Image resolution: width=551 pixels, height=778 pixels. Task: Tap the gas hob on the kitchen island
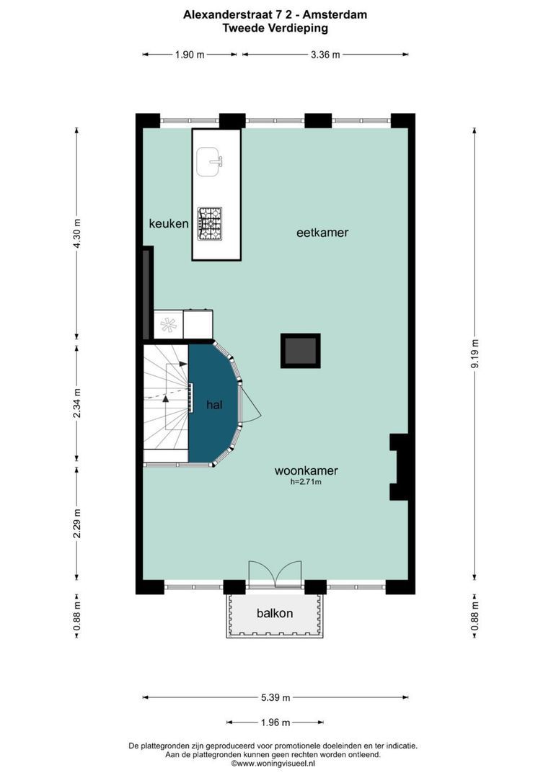coord(211,223)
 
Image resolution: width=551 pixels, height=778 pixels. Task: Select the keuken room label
coord(169,224)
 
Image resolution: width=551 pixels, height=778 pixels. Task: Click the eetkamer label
coord(322,233)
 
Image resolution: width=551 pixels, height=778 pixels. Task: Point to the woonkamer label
coord(306,471)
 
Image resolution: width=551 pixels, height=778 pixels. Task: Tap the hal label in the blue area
coord(214,406)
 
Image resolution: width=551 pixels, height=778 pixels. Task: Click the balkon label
coord(275,614)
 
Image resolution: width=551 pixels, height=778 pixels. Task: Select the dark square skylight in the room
coord(300,351)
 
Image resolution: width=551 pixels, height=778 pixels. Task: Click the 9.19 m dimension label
coord(474,354)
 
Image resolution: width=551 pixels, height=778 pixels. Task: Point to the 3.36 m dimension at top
coord(325,54)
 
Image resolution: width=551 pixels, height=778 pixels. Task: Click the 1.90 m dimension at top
coord(190,54)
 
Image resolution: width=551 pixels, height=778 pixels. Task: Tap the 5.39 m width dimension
coord(275,697)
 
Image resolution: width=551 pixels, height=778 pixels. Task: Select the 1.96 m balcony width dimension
coord(275,723)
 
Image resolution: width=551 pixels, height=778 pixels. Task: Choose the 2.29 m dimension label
coord(78,523)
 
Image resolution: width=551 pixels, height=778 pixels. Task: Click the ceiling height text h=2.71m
coord(306,483)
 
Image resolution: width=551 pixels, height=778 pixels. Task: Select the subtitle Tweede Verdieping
coord(275,28)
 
